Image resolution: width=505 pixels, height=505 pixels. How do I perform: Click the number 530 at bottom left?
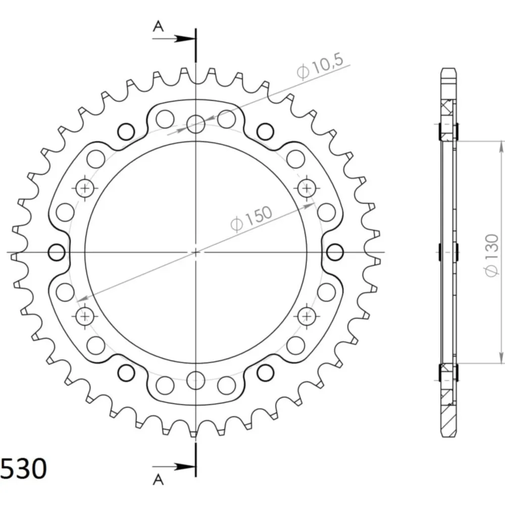pos(24,468)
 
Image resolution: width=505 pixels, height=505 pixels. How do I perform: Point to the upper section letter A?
pos(158,26)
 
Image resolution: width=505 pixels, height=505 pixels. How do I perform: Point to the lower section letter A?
pos(158,480)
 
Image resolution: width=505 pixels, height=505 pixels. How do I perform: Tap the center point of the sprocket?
pos(196,252)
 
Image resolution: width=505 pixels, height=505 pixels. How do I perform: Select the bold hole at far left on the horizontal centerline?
pos(57,252)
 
